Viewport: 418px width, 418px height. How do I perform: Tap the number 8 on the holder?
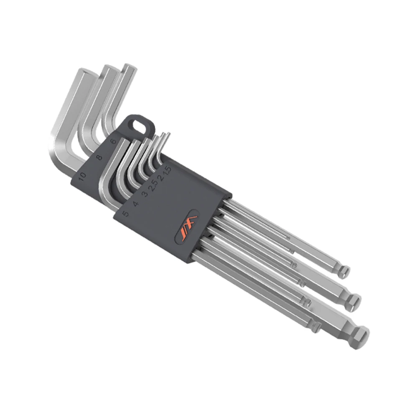click(x=99, y=158)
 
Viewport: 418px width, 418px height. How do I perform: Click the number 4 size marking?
click(x=135, y=204)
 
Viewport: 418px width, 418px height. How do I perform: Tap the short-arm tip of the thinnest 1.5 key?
click(x=167, y=135)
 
